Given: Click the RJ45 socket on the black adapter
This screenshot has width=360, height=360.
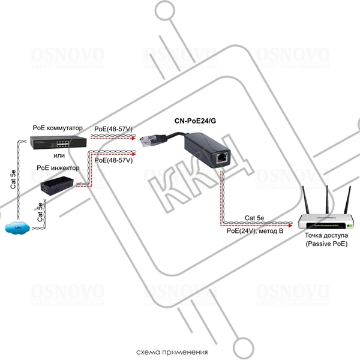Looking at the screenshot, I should [x=222, y=157].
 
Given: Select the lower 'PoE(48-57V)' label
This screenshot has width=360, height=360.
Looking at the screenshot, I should [x=113, y=160].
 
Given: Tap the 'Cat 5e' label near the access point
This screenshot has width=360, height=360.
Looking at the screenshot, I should [x=257, y=218].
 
